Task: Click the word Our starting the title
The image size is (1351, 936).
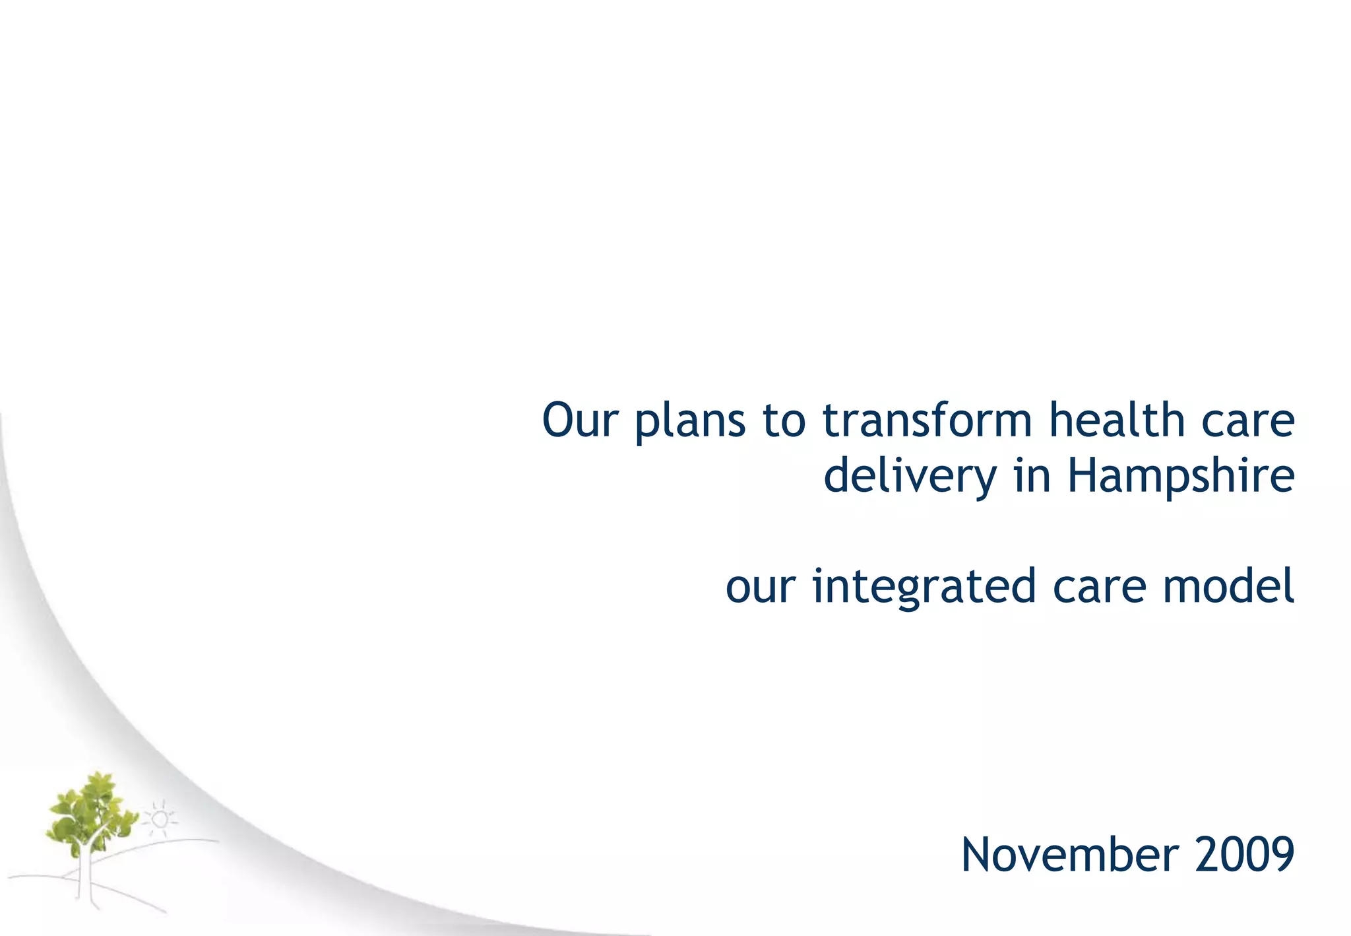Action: coord(580,420)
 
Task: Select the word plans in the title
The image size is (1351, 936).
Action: coord(690,422)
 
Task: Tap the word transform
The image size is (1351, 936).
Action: coord(927,420)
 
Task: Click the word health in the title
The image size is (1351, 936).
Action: coord(1117,420)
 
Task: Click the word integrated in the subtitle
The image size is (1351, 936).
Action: coord(924,587)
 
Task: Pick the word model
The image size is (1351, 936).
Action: coord(1228,586)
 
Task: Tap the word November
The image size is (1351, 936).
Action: coord(1069,855)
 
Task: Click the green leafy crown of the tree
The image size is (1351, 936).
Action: coord(92,809)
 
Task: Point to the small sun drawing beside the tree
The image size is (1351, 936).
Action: coord(159,819)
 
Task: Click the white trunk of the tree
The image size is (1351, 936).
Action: coord(83,871)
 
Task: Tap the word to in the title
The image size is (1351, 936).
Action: coord(784,420)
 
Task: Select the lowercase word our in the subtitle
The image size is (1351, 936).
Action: coord(760,587)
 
